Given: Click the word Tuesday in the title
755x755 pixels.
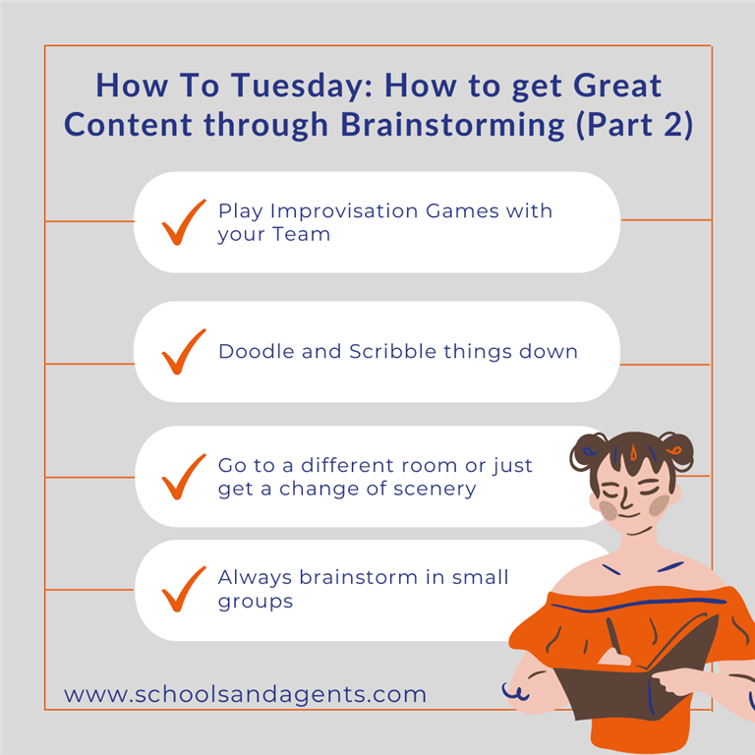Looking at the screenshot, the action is [x=301, y=87].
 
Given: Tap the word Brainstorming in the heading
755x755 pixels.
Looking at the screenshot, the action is [x=452, y=125].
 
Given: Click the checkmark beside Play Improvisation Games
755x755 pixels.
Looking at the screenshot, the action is [x=184, y=222].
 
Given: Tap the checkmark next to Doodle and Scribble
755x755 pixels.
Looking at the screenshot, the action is [x=184, y=352].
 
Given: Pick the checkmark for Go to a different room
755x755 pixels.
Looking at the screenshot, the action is [x=184, y=477].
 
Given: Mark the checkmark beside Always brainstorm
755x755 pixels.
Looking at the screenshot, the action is [x=184, y=589].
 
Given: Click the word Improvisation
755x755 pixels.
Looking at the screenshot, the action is [x=344, y=211].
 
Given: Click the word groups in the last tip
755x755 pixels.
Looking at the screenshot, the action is [x=256, y=602].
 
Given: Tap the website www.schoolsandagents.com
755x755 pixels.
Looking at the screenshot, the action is [x=245, y=694].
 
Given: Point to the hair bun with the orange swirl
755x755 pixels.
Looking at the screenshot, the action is [x=676, y=450].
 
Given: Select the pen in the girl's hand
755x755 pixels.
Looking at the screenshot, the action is [x=613, y=636].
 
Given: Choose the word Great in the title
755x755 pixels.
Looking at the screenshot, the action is [x=617, y=87].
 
